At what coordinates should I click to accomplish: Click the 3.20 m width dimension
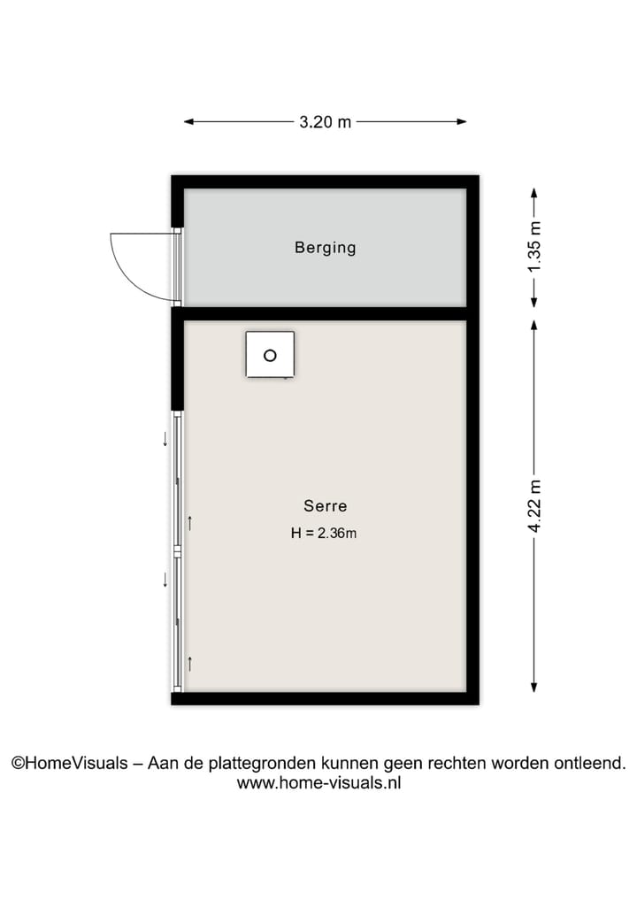pyautogui.click(x=326, y=122)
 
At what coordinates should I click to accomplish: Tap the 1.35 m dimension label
pyautogui.click(x=533, y=248)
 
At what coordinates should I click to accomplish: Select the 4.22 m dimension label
pyautogui.click(x=533, y=505)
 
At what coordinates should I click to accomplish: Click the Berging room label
pyautogui.click(x=326, y=248)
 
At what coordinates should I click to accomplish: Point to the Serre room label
pyautogui.click(x=326, y=506)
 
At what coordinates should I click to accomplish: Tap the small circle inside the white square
pyautogui.click(x=270, y=356)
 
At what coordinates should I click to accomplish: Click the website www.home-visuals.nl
pyautogui.click(x=318, y=782)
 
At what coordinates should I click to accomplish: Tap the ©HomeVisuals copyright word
pyautogui.click(x=69, y=763)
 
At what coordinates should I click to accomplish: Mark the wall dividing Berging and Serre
pyautogui.click(x=326, y=313)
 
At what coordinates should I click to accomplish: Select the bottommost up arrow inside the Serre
pyautogui.click(x=189, y=663)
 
